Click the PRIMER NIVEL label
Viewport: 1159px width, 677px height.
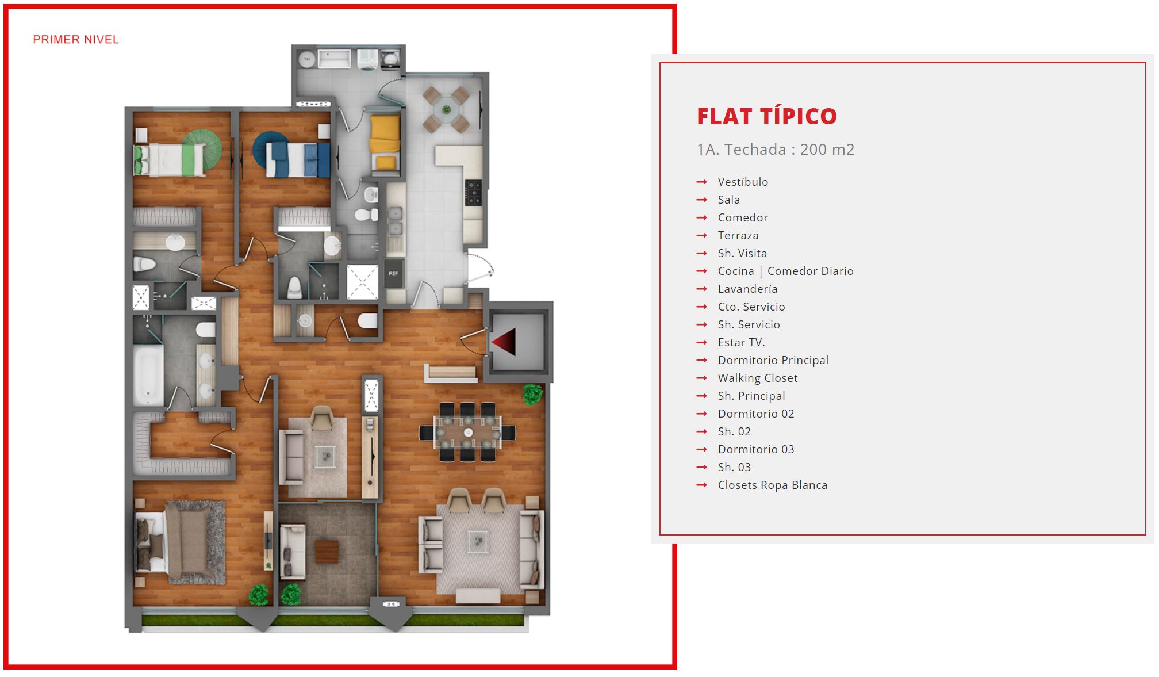76,40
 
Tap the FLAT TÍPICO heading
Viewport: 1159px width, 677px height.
767,116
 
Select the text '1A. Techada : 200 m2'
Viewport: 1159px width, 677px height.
776,150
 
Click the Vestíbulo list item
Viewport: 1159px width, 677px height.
743,182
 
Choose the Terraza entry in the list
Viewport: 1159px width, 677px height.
738,235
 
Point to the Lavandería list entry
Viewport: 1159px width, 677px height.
747,289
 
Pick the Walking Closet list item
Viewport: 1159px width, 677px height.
758,378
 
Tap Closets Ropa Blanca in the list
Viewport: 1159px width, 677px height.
773,485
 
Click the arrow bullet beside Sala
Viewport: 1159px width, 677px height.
701,200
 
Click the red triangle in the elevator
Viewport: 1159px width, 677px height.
505,342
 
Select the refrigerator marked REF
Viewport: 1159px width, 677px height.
393,274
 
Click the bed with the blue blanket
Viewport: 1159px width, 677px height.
298,159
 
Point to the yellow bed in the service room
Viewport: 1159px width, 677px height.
385,143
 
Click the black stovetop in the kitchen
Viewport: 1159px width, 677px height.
473,193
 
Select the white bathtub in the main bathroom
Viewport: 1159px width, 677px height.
148,374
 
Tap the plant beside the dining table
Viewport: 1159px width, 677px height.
532,394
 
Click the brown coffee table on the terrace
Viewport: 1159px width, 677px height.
327,552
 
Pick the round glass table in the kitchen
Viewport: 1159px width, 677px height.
447,109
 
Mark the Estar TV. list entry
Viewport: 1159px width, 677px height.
741,342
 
